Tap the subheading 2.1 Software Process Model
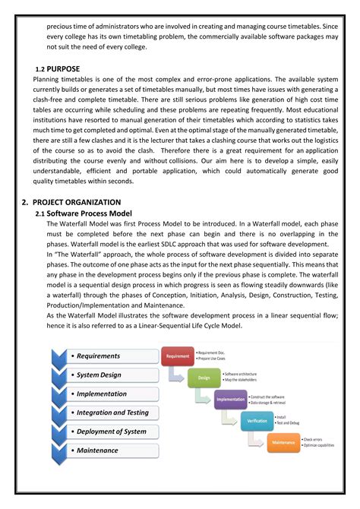coord(78,213)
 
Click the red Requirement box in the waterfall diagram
coord(178,356)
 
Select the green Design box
coord(204,378)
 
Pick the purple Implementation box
coord(230,399)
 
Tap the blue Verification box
coord(257,420)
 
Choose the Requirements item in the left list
coord(98,356)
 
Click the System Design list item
coord(98,375)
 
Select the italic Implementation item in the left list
coord(103,394)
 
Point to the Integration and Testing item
coord(112,413)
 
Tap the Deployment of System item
coord(111,432)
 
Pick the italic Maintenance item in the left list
coord(97,451)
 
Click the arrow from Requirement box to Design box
coord(178,375)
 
